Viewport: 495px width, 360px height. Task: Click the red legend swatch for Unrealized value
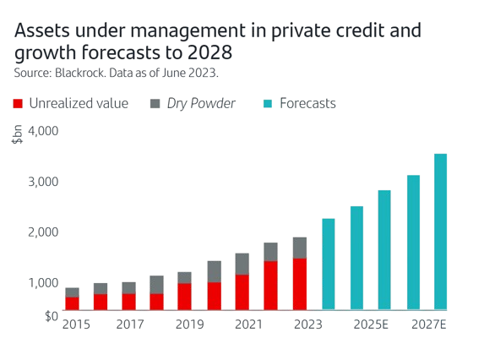click(19, 104)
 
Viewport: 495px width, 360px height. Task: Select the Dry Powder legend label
click(203, 104)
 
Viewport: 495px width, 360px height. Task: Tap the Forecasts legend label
click(307, 104)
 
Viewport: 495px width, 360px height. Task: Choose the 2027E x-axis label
click(428, 325)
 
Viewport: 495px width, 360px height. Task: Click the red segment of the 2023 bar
click(299, 284)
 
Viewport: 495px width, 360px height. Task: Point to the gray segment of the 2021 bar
click(242, 264)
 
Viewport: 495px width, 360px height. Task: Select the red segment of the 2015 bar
click(72, 303)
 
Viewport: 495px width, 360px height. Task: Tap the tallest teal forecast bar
click(440, 232)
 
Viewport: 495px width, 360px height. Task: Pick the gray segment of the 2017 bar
click(128, 287)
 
